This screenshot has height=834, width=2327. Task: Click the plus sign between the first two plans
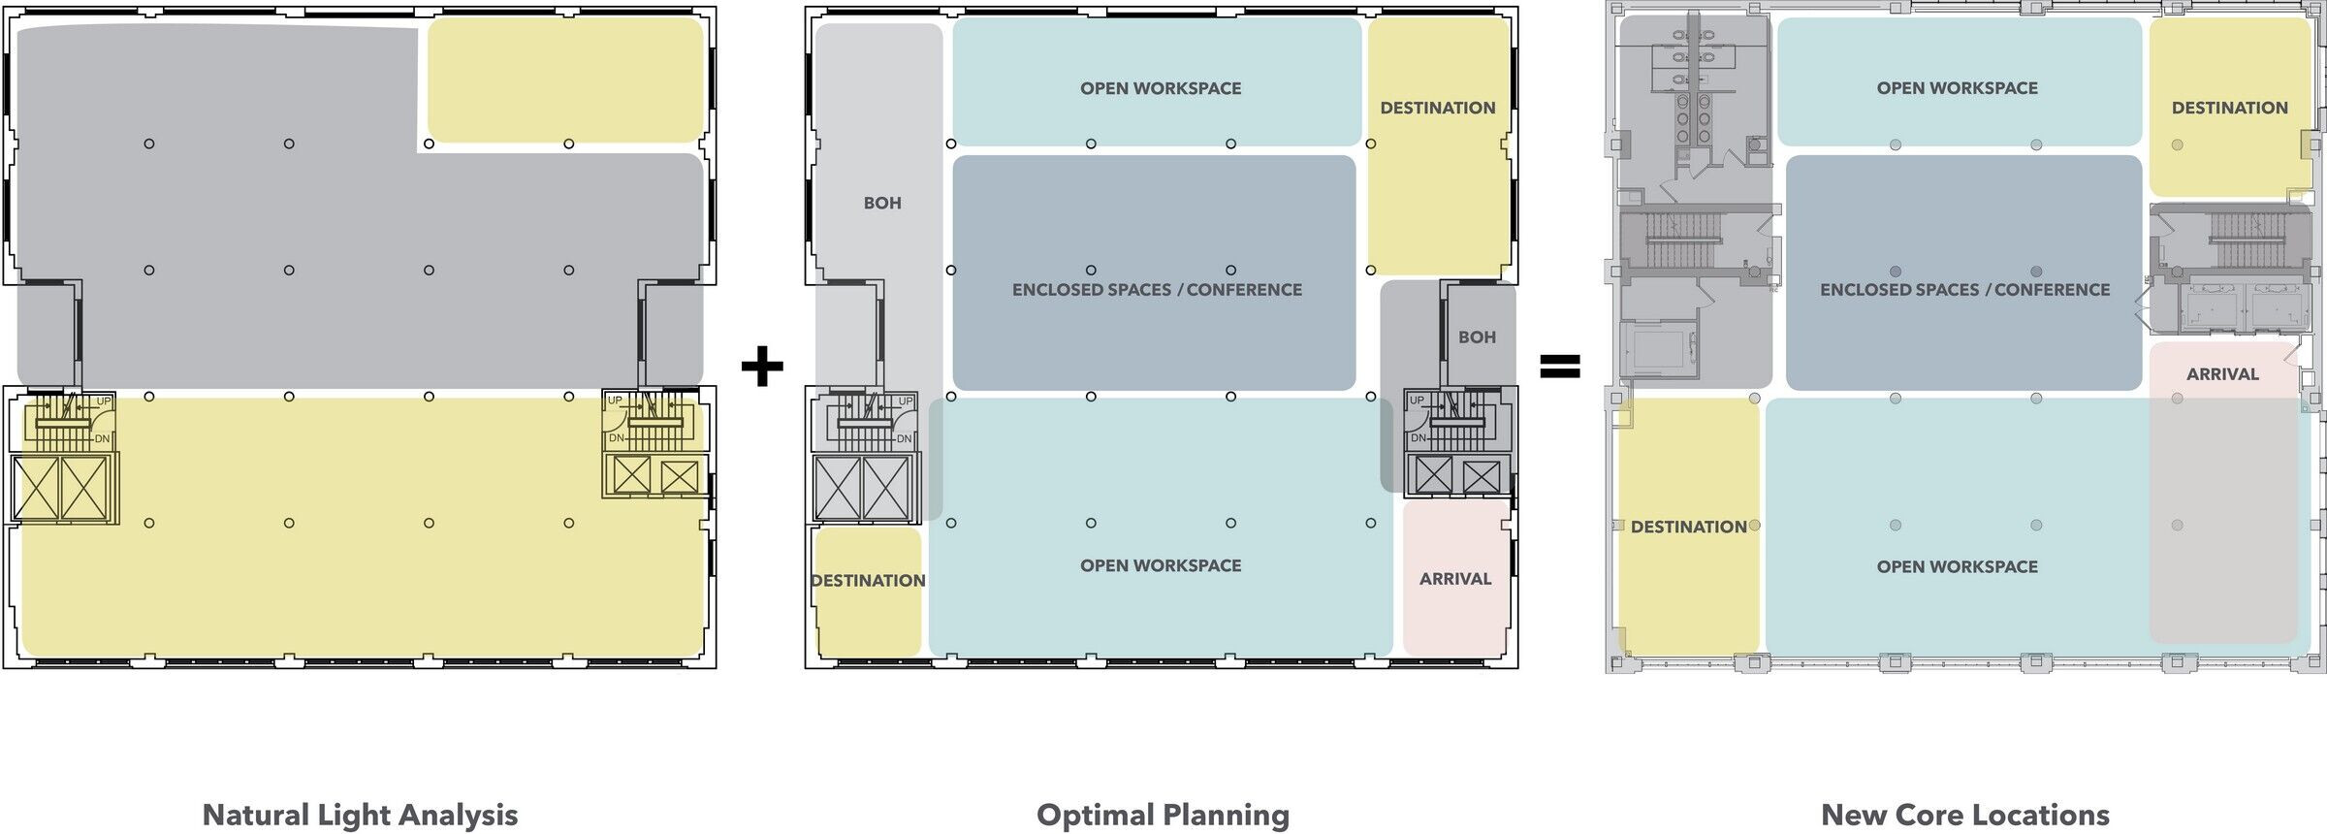coord(762,368)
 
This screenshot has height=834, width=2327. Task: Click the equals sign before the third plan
coord(1560,367)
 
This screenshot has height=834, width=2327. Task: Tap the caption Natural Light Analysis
coord(360,815)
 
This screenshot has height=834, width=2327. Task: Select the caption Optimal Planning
coord(1163,815)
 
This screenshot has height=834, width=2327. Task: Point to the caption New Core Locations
coord(1965,815)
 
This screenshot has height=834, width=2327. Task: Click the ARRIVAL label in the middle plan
coord(1455,579)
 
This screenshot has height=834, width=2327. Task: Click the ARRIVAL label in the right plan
coord(2222,374)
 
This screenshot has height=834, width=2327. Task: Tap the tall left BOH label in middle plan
coord(882,203)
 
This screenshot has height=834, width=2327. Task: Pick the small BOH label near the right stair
coord(1477,337)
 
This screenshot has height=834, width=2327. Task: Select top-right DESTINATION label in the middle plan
coord(1438,108)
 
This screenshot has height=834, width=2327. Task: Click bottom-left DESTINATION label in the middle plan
coord(868,581)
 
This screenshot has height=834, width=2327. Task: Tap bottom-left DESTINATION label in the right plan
coord(1688,527)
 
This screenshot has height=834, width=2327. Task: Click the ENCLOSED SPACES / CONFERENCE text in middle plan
coord(1157,290)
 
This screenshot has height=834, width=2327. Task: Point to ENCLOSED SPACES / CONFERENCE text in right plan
coord(1964,290)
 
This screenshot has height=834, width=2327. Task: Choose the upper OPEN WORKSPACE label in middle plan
coord(1161,88)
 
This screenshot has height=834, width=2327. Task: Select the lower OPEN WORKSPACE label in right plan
coord(1957,566)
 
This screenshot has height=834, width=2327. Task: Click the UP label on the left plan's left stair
coord(103,401)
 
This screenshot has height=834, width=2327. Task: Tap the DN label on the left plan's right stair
coord(617,438)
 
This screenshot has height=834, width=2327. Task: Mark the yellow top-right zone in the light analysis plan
coord(565,80)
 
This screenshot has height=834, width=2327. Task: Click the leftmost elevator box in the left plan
coord(37,488)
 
